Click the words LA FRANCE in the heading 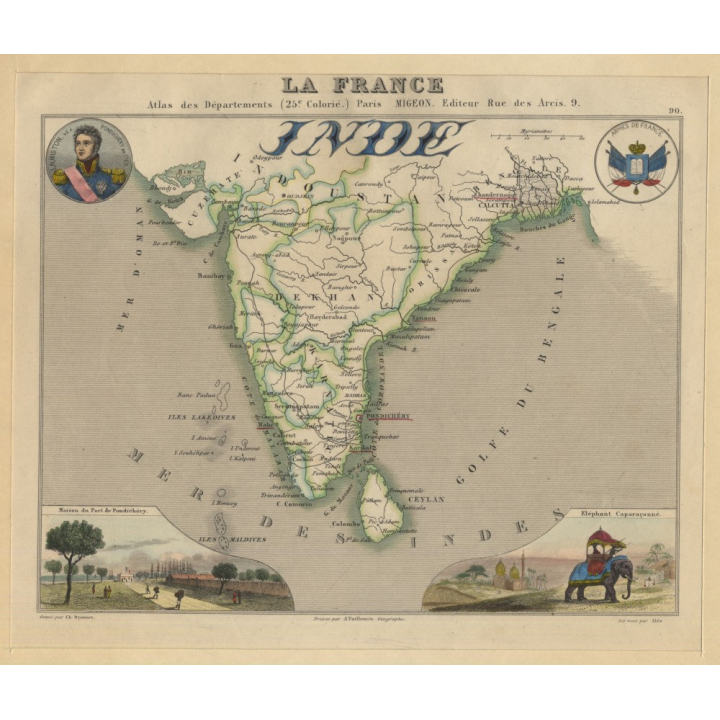coord(362,85)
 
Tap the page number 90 coord(676,111)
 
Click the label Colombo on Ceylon coord(345,520)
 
